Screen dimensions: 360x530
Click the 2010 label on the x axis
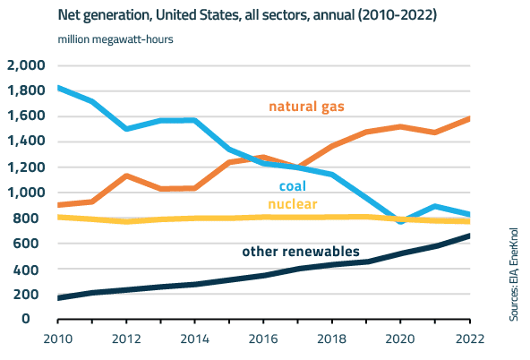coord(58,339)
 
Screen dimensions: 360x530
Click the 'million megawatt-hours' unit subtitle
coord(115,39)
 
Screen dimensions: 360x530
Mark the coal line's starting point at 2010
coord(58,88)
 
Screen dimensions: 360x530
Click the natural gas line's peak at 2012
coord(127,176)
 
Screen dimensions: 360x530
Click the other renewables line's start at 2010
coord(58,297)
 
